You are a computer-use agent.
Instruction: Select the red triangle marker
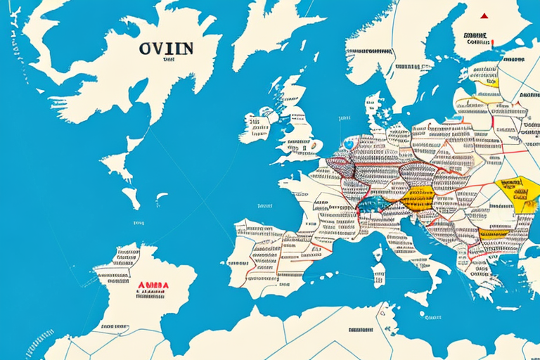coord(484,15)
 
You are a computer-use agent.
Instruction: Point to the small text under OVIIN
coord(168,61)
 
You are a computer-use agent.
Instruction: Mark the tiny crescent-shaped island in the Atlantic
coord(161,198)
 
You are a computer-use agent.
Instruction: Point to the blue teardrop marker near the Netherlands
coord(349,144)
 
